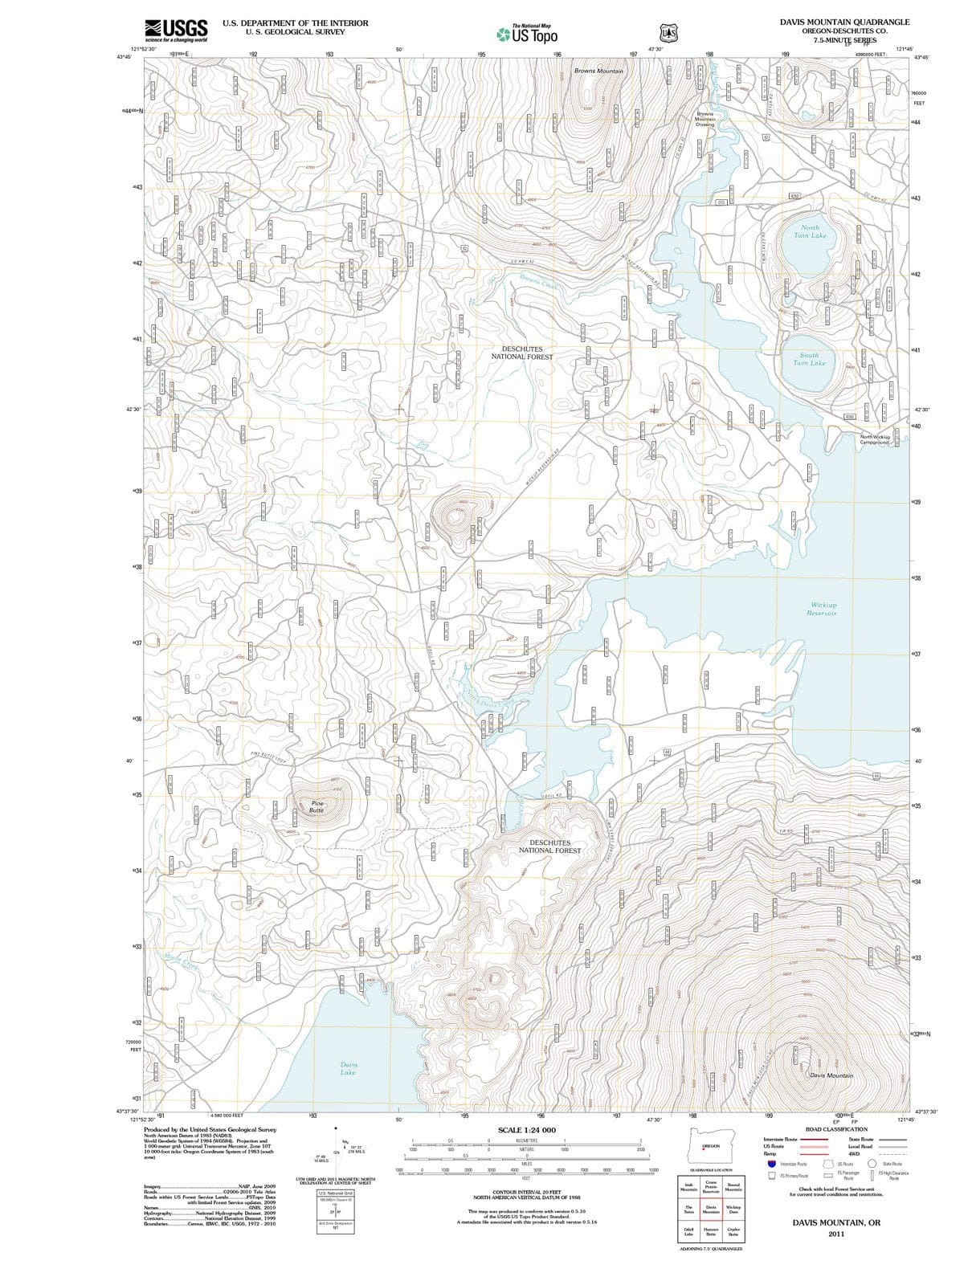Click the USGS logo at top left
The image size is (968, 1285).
pos(176,30)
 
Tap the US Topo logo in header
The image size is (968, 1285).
pos(527,34)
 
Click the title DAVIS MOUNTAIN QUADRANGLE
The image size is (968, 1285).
pos(844,22)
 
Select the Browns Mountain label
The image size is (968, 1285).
pos(598,71)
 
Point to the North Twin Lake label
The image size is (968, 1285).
pos(809,231)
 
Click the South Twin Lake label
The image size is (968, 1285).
pos(809,358)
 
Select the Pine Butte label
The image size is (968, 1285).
pos(317,806)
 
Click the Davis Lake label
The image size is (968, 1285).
pos(348,1068)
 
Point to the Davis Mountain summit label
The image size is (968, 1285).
pos(831,1075)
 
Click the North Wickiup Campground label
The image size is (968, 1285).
pos(875,439)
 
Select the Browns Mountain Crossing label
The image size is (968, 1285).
pos(705,119)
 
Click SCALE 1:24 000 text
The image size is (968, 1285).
pos(526,1130)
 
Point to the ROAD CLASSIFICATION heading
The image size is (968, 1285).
pos(836,1129)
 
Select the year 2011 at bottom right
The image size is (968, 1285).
pos(836,1234)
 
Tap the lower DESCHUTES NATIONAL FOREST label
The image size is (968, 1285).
pos(549,846)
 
